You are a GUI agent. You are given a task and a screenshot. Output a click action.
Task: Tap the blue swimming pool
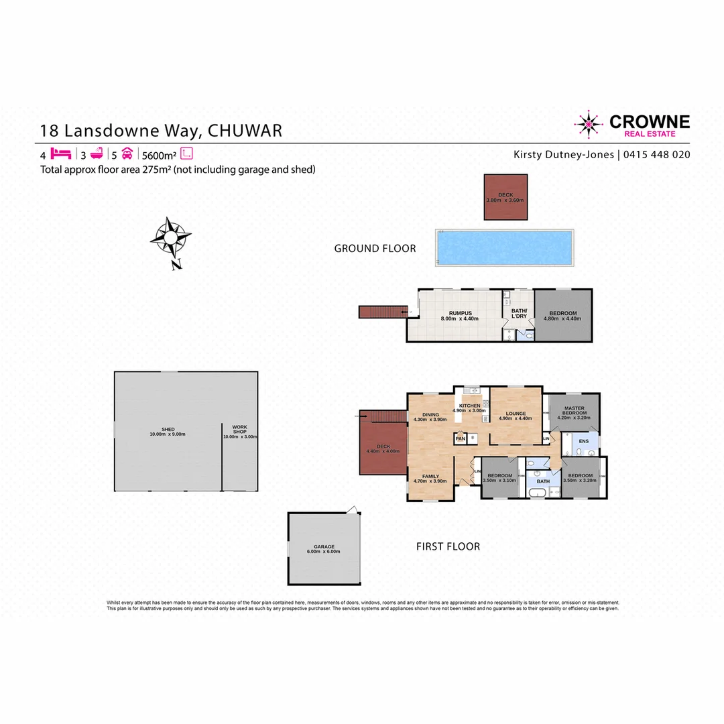tap(504, 247)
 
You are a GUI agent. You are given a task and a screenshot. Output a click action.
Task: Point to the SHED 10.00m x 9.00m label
tap(168, 432)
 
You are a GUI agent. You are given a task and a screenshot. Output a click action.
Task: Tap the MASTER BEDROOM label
tap(575, 411)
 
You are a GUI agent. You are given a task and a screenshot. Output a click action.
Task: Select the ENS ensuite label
tap(584, 441)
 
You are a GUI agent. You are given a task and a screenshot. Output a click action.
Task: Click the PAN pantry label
tap(460, 438)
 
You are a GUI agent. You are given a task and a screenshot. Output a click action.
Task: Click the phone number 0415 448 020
tap(657, 155)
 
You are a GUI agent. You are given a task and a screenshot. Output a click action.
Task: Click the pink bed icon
tap(60, 153)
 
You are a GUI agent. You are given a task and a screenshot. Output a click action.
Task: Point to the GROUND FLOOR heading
tap(375, 249)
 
